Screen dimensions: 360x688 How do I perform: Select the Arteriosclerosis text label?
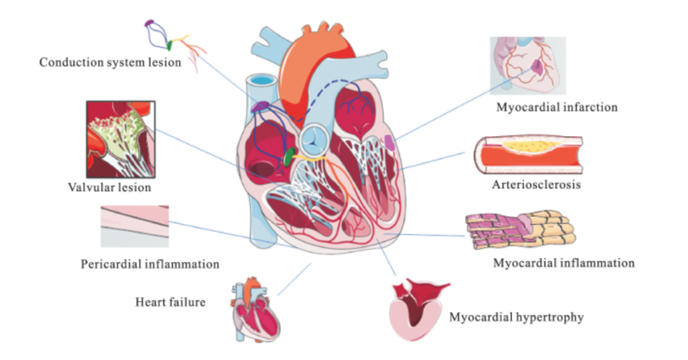point(535,186)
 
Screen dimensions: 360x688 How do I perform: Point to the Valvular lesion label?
point(110,188)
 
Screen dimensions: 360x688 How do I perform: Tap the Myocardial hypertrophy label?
point(517,318)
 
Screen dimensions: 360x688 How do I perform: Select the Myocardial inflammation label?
point(563,262)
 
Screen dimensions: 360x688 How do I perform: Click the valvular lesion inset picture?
point(119,139)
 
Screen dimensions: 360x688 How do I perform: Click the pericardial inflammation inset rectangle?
point(135,226)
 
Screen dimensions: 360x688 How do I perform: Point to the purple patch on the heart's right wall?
point(389,143)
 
